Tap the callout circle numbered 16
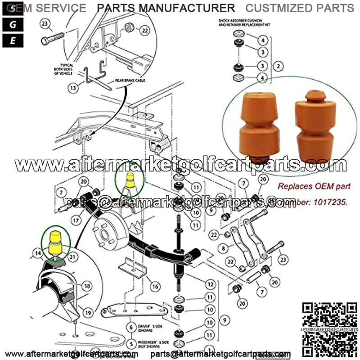click(154, 287)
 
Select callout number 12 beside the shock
click(210, 284)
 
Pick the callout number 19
click(87, 311)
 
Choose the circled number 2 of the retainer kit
click(279, 66)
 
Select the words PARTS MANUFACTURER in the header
click(166, 8)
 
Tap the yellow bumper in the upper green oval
click(130, 180)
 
